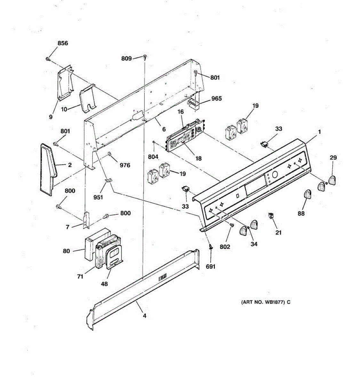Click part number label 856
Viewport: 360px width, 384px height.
tap(63, 43)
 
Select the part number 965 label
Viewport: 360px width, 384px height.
tap(217, 99)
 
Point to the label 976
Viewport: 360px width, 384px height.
tap(125, 165)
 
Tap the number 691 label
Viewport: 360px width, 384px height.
tap(211, 267)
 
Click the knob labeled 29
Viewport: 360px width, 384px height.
tap(332, 180)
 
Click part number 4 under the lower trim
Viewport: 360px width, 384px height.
tap(145, 316)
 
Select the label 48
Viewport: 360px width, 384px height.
tap(105, 284)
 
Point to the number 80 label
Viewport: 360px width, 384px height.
tap(66, 251)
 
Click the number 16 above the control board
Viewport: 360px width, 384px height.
tap(180, 112)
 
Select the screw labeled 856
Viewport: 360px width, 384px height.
tap(48, 59)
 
